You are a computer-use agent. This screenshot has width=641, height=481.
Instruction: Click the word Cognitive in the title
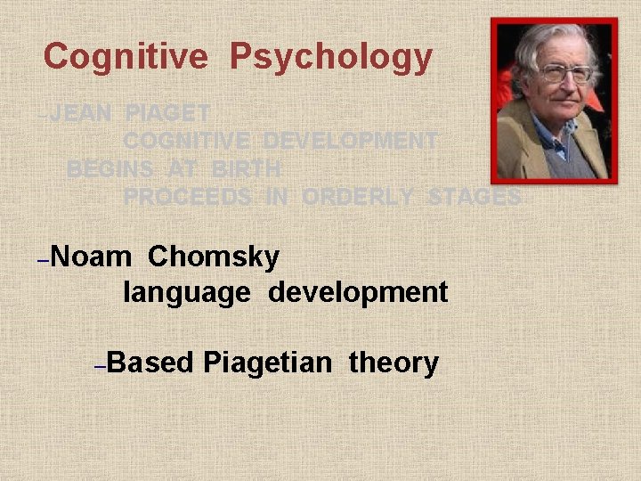(126, 57)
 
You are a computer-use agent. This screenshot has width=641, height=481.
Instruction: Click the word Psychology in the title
(331, 57)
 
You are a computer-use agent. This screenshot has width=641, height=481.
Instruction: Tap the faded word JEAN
(80, 113)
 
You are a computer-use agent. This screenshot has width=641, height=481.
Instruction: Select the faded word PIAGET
(168, 113)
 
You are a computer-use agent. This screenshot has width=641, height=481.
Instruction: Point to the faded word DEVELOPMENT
(351, 141)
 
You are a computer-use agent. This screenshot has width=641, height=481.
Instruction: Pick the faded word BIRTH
(247, 168)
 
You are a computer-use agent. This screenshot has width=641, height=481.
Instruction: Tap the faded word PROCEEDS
(187, 197)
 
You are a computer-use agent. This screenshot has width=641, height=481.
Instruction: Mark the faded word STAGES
(474, 197)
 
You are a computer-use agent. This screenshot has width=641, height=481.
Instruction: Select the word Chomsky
(214, 257)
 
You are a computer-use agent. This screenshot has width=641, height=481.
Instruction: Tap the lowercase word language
(187, 291)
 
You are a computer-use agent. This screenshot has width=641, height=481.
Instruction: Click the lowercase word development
(358, 291)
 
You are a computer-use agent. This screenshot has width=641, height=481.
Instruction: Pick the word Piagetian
(268, 363)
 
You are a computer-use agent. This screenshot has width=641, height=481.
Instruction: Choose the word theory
(394, 363)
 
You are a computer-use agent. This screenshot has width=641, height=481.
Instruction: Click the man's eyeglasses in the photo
(563, 74)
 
